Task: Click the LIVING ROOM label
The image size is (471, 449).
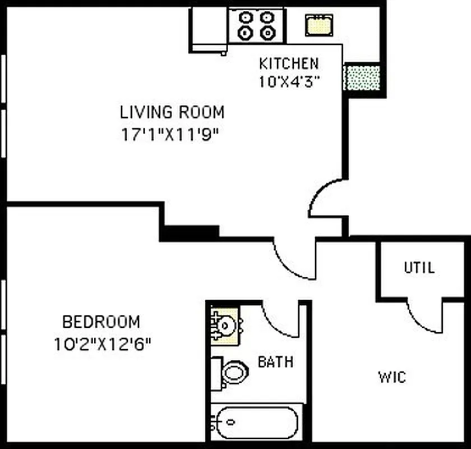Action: [x=172, y=112]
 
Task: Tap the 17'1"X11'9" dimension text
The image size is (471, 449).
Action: [x=169, y=135]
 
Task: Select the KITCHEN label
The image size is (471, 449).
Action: [x=288, y=63]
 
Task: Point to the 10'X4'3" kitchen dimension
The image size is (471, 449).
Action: [x=288, y=82]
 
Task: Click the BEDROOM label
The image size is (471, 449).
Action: [x=101, y=322]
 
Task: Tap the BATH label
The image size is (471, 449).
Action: [x=275, y=362]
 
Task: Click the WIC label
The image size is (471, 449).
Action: [x=391, y=377]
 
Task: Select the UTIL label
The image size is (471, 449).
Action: [x=419, y=268]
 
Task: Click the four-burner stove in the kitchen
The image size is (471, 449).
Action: [x=256, y=25]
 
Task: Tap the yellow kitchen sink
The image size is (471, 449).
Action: [x=318, y=25]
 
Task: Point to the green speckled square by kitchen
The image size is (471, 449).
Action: [x=362, y=77]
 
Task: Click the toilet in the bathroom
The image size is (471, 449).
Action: [x=231, y=372]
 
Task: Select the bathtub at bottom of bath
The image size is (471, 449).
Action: [x=257, y=422]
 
